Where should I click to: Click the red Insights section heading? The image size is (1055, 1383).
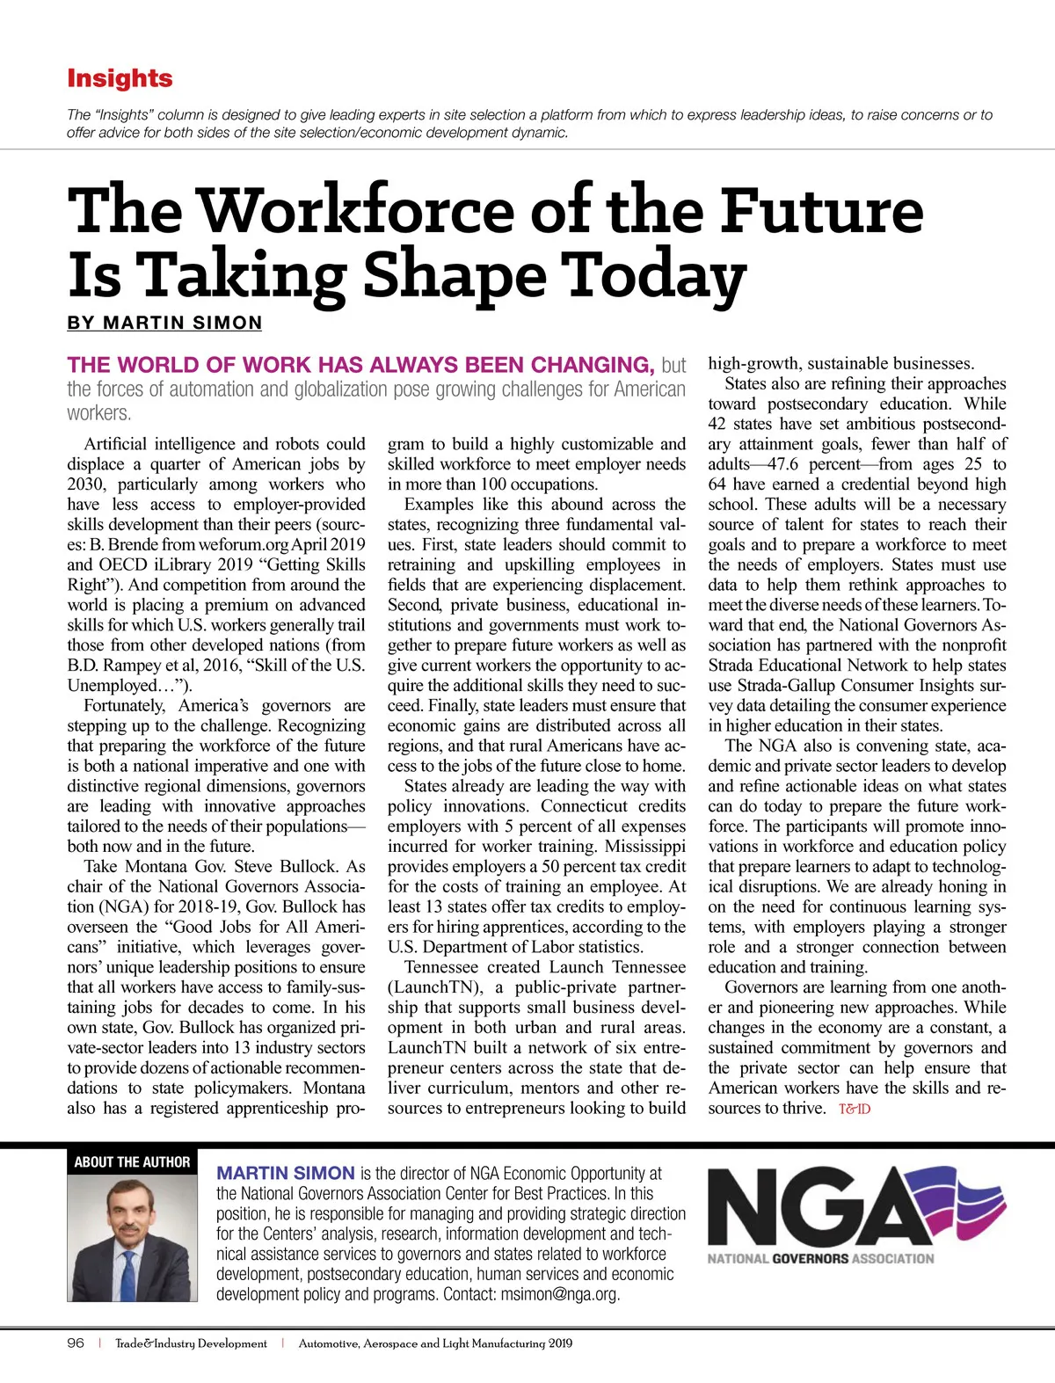click(x=120, y=78)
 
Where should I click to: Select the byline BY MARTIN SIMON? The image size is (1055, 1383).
click(x=164, y=323)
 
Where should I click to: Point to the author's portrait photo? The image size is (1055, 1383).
click(x=133, y=1240)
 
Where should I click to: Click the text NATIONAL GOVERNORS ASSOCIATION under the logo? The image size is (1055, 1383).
click(x=820, y=1258)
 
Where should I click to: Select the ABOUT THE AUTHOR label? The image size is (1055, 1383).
click(x=132, y=1162)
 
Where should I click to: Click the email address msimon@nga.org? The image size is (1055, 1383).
click(x=559, y=1294)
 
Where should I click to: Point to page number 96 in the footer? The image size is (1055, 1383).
click(x=76, y=1343)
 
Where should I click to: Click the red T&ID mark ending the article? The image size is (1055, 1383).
click(x=855, y=1109)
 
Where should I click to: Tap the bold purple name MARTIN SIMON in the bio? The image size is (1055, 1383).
click(x=286, y=1173)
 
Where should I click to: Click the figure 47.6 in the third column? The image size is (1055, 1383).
click(x=787, y=464)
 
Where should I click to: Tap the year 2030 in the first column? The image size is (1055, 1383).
click(x=88, y=484)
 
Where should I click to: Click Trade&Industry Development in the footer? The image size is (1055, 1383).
click(x=191, y=1343)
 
